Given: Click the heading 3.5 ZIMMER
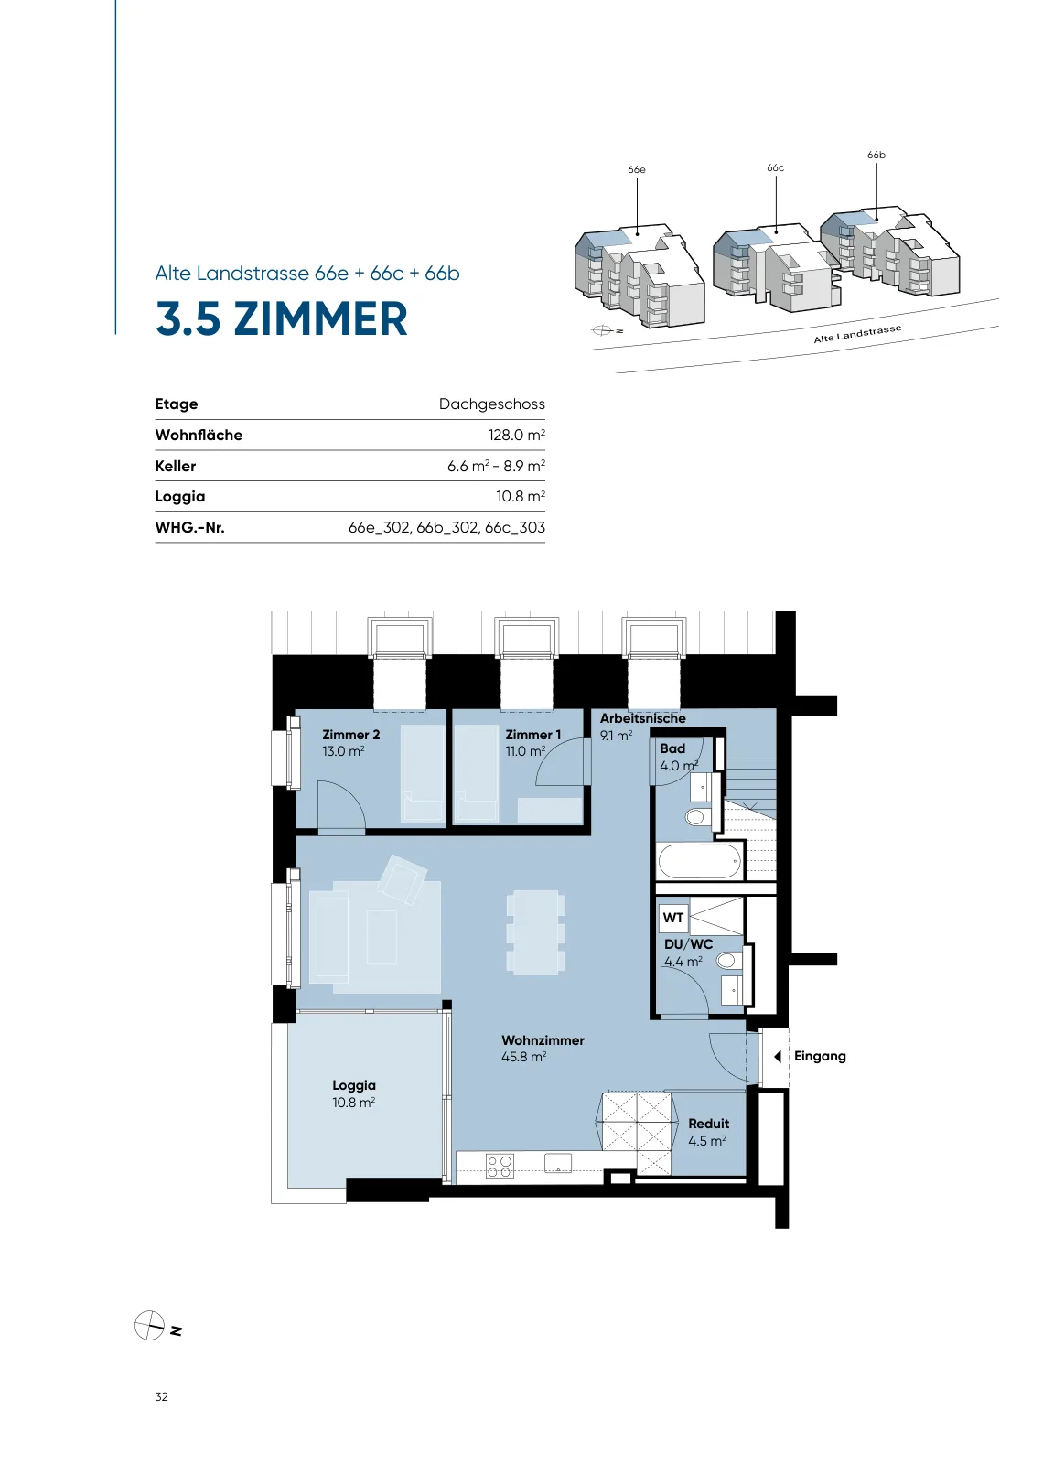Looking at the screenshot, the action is [282, 319].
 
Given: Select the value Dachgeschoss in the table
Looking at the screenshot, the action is [491, 404].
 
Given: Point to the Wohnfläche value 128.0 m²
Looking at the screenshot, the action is [516, 435].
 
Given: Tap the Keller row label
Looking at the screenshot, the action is [175, 466].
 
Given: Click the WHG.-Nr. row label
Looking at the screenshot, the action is [189, 527].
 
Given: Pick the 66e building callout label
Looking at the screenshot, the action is [637, 170].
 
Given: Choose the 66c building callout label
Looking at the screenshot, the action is [776, 168].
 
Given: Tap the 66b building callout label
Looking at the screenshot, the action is [876, 155].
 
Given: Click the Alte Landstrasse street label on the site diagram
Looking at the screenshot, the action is [857, 334].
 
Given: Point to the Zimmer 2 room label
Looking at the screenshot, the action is [351, 735].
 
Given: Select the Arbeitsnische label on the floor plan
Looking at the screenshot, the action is [643, 718].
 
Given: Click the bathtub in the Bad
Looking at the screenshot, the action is [700, 861].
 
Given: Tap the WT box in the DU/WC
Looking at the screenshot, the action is [673, 918].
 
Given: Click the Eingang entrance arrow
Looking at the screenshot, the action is [778, 1056].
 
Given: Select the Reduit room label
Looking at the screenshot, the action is [708, 1125].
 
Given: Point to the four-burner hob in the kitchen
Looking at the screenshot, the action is [500, 1166].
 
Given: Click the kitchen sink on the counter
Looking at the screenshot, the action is [558, 1163].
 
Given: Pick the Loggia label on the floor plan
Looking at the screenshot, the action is [353, 1085].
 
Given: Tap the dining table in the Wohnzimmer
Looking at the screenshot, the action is [536, 932].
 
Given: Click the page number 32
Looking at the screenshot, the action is [161, 1396].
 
